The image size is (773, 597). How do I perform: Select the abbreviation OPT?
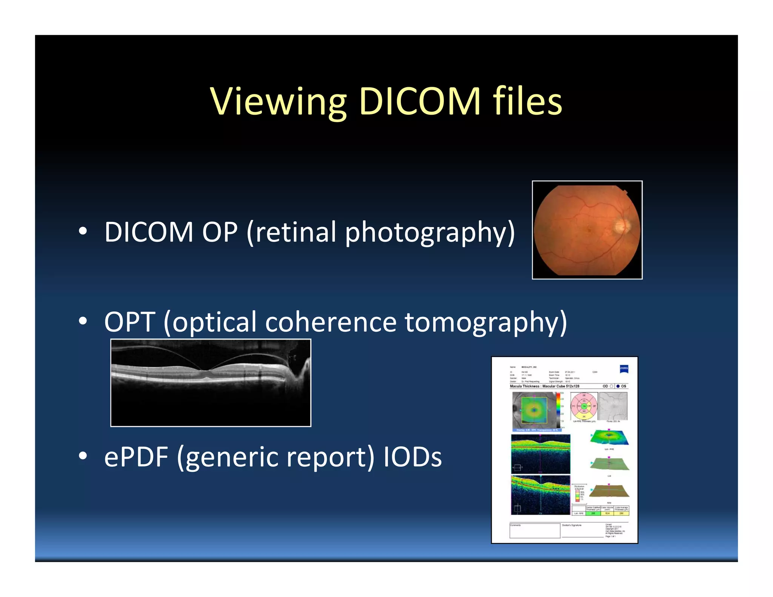(x=129, y=322)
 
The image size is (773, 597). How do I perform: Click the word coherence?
(x=331, y=322)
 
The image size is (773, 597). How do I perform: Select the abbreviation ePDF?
(x=136, y=457)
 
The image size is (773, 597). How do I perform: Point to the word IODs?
(x=412, y=457)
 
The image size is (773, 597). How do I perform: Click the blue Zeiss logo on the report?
(x=624, y=369)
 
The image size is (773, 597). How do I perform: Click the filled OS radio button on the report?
(x=618, y=386)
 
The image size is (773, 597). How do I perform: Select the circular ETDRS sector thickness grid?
(x=584, y=406)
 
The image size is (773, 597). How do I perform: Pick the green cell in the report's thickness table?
(x=593, y=513)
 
